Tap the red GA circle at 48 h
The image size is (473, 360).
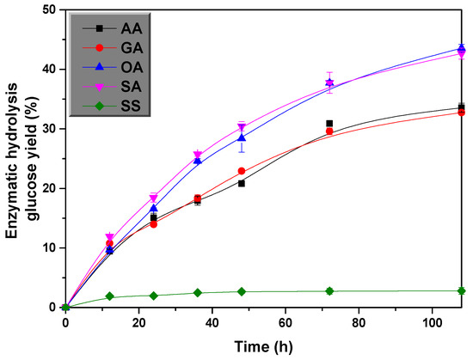pos(242,171)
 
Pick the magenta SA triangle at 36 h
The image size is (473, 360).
pos(198,156)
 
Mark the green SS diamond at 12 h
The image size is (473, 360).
pos(109,296)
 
